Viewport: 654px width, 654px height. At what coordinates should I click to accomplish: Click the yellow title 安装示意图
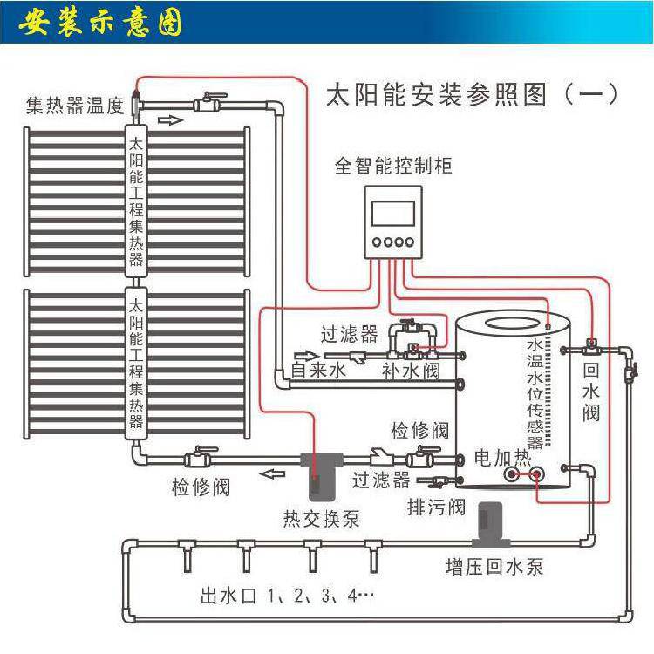coord(100,23)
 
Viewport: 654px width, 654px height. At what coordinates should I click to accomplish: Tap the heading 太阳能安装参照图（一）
coord(471,95)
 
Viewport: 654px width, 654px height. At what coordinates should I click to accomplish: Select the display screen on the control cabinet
coord(393,214)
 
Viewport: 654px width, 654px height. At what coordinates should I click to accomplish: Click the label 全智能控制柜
coord(393,166)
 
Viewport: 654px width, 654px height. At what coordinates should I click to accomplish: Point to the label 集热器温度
coord(75,106)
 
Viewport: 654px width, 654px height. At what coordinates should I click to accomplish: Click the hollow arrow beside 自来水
coord(307,356)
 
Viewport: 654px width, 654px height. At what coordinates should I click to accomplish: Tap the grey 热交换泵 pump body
coord(321,475)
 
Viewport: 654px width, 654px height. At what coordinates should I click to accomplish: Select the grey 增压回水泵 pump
coord(491,524)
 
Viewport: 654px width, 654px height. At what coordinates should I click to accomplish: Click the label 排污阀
coord(436,508)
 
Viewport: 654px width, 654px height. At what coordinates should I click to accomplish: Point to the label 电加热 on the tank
coord(502,458)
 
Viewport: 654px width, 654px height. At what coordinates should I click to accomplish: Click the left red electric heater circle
coord(511,473)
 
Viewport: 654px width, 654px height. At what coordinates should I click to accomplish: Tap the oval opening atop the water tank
coord(513,324)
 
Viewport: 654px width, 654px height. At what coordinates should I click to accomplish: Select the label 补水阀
coord(411,371)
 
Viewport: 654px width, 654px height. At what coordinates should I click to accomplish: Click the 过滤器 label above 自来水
coord(349,334)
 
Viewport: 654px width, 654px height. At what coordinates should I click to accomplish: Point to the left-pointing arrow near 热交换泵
coord(272,474)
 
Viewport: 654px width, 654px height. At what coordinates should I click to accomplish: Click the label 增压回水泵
coord(494,568)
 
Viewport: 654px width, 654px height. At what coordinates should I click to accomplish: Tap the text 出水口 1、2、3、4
coord(288,596)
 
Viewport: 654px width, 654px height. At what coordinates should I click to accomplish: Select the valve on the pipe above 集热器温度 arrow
coord(210,101)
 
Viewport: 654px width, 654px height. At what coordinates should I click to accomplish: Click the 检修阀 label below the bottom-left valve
coord(201,487)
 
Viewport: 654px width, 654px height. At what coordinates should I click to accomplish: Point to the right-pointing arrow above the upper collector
coord(170,120)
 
